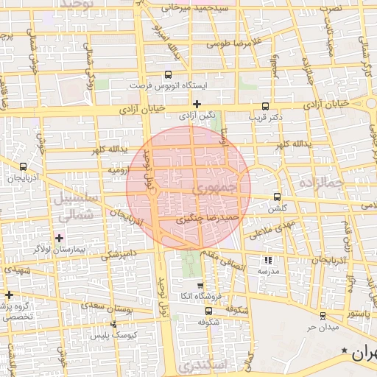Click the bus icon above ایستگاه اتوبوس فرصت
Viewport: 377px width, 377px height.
(168, 74)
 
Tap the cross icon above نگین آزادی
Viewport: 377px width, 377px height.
(196, 104)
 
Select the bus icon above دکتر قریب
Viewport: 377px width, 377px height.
(265, 106)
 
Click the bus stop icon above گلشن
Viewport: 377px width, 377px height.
(277, 197)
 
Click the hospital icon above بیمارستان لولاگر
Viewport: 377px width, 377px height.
(59, 238)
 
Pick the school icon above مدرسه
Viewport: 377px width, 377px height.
(267, 260)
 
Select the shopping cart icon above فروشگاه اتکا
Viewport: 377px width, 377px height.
(200, 285)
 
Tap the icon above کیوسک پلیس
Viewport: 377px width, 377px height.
(113, 324)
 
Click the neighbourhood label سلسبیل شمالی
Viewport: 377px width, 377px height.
(71, 206)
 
